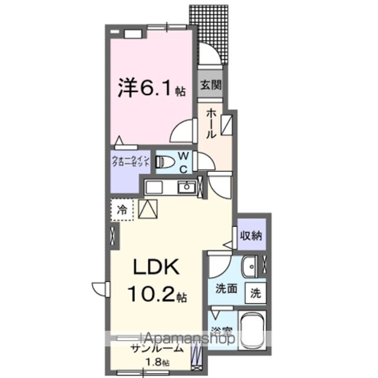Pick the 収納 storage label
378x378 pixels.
point(251,234)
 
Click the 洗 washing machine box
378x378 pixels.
point(255,291)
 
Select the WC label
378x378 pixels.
point(183,162)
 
